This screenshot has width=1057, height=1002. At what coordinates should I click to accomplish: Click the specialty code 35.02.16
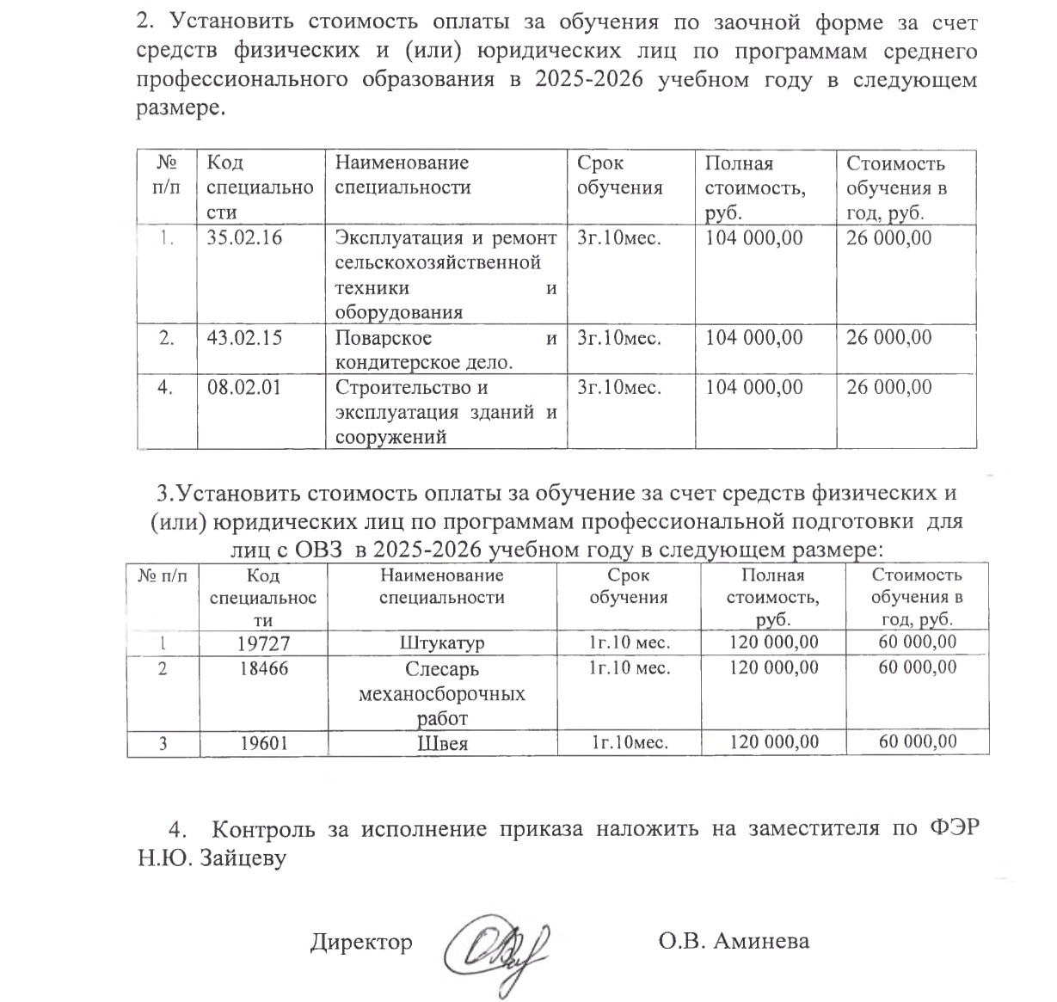(x=244, y=238)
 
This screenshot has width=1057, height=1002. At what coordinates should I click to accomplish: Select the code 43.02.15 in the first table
(x=244, y=338)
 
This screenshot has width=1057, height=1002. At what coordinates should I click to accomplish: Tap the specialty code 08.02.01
(x=244, y=388)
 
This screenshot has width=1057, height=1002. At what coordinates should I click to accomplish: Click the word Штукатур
(x=442, y=643)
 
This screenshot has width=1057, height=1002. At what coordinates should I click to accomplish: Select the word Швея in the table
(x=442, y=743)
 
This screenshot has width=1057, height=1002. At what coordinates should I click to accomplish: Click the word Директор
(x=361, y=942)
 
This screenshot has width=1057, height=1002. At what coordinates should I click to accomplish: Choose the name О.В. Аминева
(x=734, y=941)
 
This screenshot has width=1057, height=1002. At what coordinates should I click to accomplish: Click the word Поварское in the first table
(x=384, y=338)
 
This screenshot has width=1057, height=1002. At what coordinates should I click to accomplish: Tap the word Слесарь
(x=442, y=669)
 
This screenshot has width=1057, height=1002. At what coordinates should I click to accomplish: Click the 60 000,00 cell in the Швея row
(x=917, y=741)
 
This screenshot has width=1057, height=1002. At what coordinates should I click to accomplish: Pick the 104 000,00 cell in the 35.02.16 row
(x=754, y=238)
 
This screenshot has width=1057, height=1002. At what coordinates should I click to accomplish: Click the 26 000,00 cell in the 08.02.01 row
(x=889, y=388)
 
